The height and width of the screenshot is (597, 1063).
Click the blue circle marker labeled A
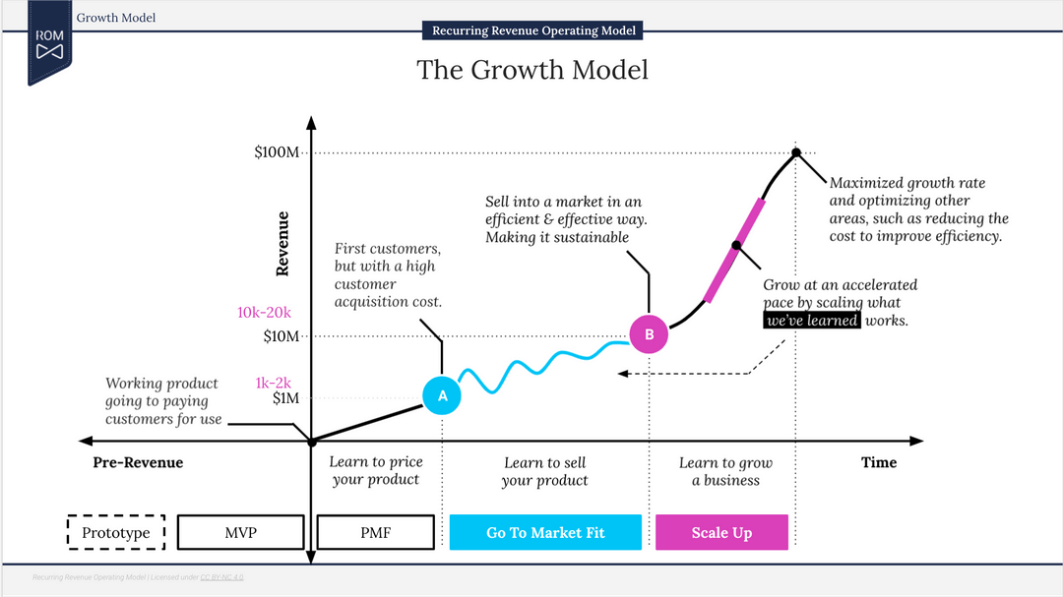[442, 395]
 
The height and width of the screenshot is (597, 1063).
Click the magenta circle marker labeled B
[649, 334]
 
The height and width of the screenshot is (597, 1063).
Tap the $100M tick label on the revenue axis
[277, 152]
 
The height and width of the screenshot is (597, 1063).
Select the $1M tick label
[285, 398]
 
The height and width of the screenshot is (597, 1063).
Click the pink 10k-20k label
[264, 313]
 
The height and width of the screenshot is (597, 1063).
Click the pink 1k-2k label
[273, 383]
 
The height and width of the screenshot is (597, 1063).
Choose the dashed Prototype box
[116, 532]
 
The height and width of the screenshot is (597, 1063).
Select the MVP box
[240, 532]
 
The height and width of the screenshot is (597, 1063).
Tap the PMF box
[374, 532]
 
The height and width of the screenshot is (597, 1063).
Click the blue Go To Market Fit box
[545, 532]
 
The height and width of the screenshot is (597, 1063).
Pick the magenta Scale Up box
[721, 532]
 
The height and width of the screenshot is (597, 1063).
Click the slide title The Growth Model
[531, 70]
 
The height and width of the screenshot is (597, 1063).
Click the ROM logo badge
[49, 43]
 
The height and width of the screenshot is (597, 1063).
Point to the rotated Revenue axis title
[283, 243]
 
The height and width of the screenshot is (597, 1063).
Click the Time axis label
[878, 462]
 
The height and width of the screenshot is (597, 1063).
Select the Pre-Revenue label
[138, 462]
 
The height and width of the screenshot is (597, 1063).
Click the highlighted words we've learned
[813, 321]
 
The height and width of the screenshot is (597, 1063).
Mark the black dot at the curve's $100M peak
[796, 152]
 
